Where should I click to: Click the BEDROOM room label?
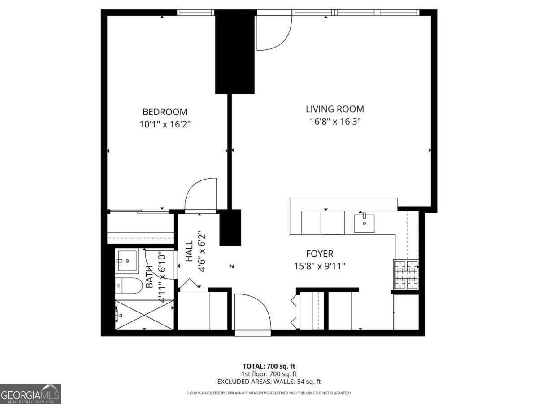click(165, 112)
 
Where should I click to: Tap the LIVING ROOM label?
click(334, 109)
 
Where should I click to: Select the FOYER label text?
click(320, 254)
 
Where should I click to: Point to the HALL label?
click(189, 251)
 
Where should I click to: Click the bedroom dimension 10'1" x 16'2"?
click(165, 124)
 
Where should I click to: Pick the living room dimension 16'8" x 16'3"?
click(334, 121)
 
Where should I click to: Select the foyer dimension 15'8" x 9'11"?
click(320, 266)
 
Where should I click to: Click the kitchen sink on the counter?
click(364, 223)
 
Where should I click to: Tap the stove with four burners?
click(406, 274)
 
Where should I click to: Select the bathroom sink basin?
click(127, 260)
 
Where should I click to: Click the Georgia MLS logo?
click(30, 394)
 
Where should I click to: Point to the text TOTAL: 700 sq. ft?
click(269, 366)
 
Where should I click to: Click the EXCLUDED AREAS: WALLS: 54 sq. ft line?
click(269, 382)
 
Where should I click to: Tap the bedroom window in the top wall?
click(196, 13)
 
